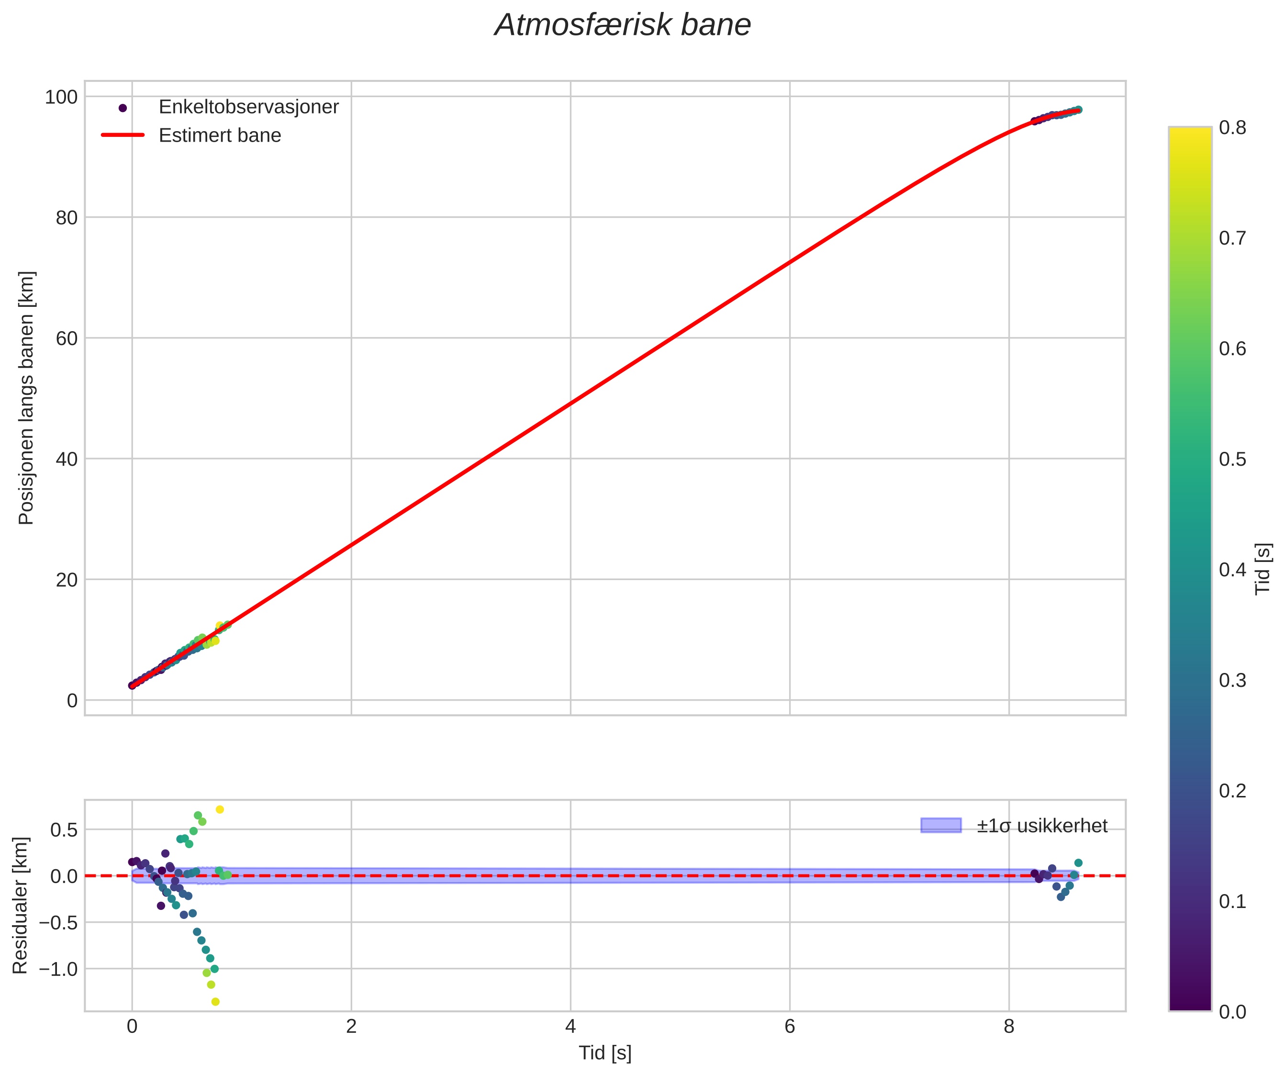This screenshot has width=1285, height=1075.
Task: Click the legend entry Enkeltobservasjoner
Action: coord(248,107)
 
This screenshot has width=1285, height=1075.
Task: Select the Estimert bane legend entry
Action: coord(220,135)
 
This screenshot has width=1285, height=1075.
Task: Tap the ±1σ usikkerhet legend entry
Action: coord(1041,826)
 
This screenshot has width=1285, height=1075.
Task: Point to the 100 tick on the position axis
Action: coord(61,97)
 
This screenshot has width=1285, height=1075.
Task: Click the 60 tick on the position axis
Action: coord(66,338)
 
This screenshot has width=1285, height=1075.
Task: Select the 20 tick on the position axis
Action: coord(66,580)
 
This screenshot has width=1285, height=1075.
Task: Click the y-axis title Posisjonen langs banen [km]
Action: coord(26,398)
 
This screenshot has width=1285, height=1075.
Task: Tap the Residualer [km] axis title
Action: coord(20,906)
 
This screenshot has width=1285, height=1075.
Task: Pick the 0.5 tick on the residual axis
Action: coord(64,830)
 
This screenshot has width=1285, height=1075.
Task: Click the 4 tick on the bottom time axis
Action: coord(570,1026)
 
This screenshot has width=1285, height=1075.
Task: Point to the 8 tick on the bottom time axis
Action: coord(1008,1026)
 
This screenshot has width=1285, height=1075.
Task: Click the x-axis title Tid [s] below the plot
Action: coord(604,1053)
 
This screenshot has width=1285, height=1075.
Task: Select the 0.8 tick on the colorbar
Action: coord(1232,127)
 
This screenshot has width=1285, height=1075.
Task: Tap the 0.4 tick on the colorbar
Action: coord(1232,570)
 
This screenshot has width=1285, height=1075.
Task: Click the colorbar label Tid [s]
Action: coord(1263,569)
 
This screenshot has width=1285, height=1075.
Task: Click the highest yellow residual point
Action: coord(220,809)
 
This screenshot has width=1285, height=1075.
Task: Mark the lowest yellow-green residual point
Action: coord(215,1002)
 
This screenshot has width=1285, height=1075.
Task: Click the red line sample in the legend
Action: coord(123,135)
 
